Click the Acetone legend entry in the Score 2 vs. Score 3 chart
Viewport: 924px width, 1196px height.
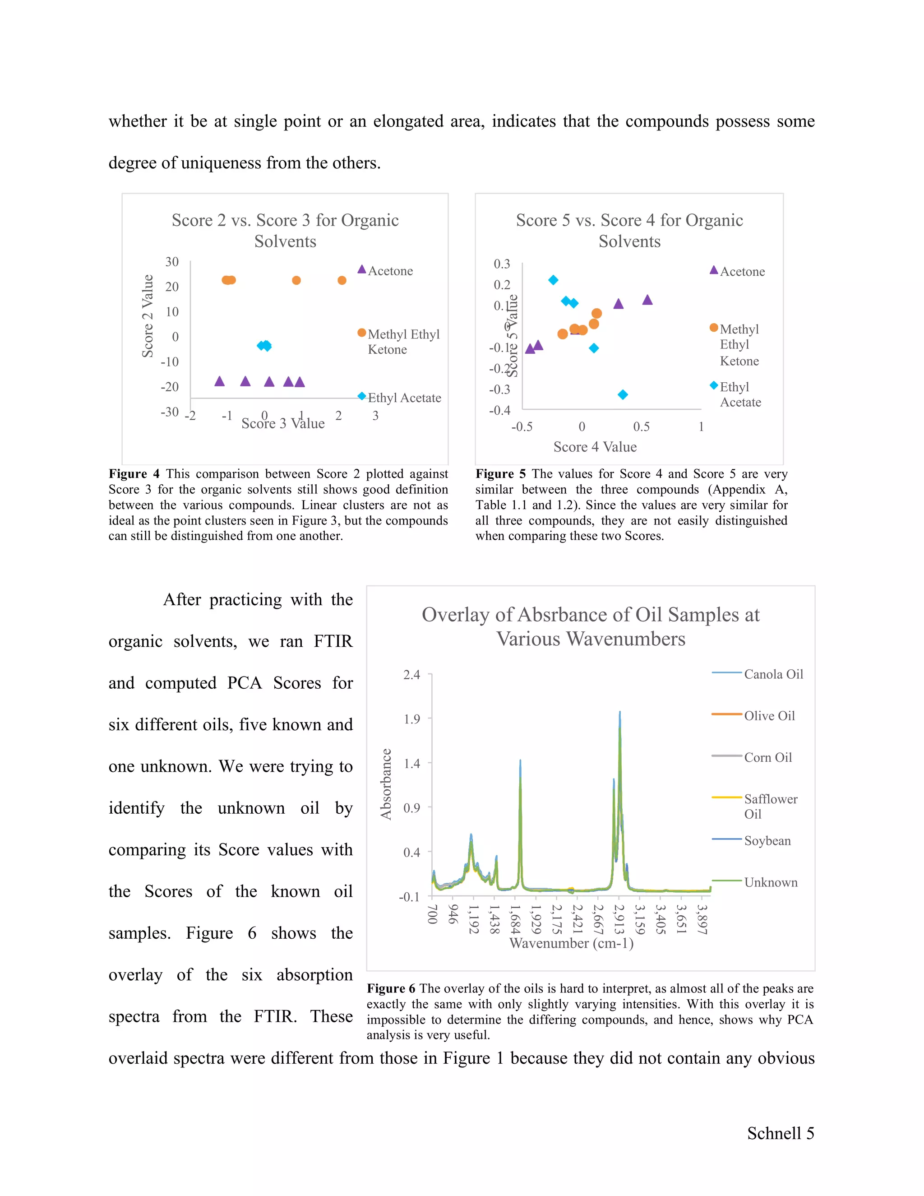point(390,270)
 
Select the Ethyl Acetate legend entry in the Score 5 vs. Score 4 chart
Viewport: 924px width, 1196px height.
point(739,394)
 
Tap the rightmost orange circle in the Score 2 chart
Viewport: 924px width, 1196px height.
point(342,280)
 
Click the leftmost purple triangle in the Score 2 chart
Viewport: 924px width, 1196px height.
point(220,381)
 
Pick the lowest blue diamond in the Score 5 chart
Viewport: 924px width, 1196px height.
point(622,394)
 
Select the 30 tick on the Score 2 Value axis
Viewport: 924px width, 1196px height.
point(172,262)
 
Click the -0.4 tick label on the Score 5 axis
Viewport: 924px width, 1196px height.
point(499,410)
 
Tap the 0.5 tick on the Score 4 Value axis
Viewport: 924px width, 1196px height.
point(641,426)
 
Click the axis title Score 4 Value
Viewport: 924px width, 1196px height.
point(595,447)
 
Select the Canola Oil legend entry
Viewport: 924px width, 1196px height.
point(773,674)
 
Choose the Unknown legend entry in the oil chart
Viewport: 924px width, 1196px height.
point(770,882)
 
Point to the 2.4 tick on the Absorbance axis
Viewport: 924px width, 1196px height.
point(411,675)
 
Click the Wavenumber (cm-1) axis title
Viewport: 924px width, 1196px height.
point(571,943)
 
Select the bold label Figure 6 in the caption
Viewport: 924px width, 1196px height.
point(390,988)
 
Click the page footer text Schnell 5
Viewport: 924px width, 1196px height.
point(780,1133)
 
